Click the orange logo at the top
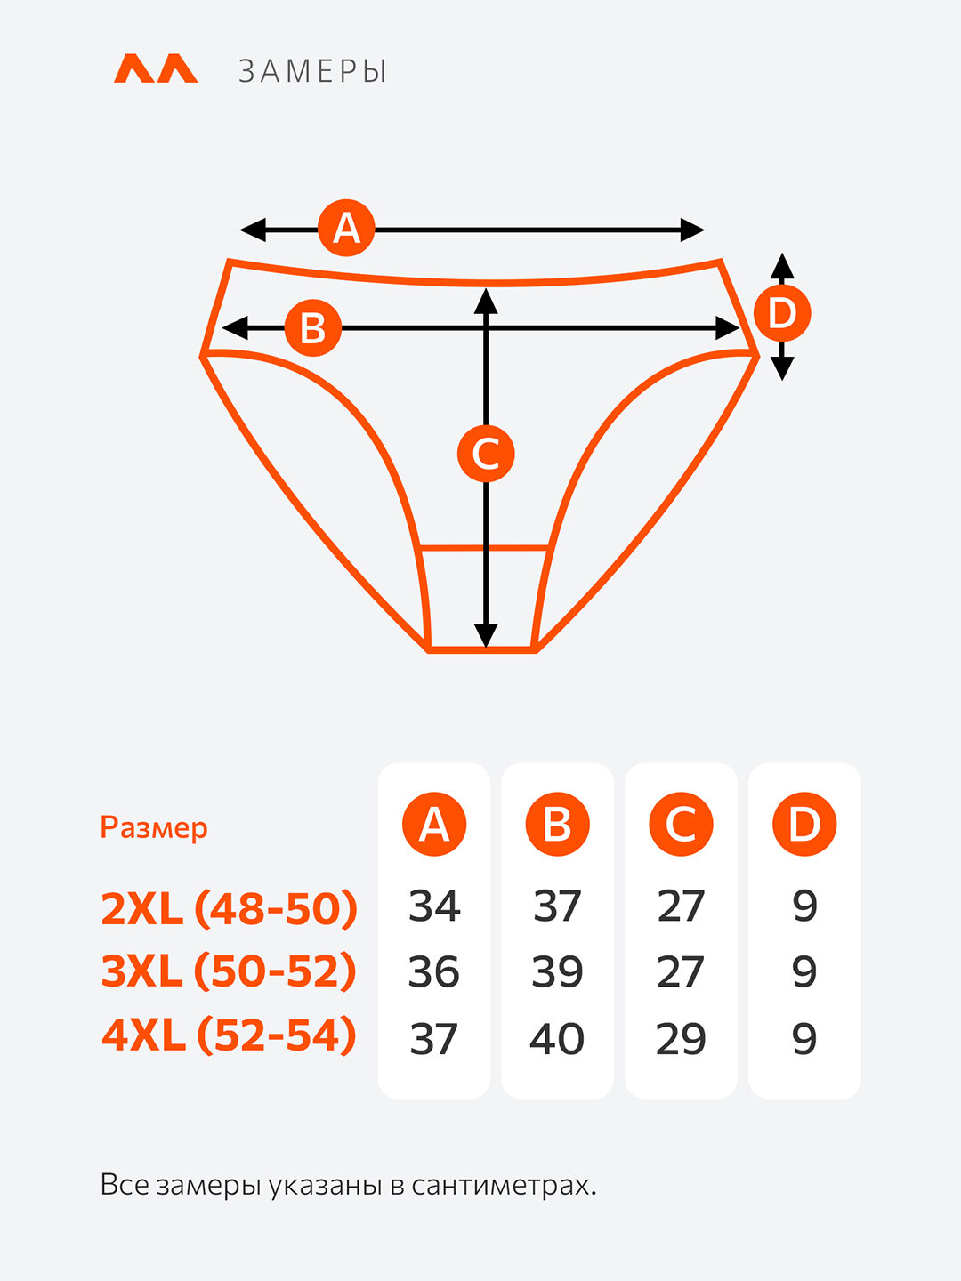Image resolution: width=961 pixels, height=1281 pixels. pyautogui.click(x=156, y=69)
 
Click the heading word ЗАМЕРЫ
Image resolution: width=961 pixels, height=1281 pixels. pyautogui.click(x=312, y=71)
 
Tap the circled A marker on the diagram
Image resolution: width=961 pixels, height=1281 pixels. pyautogui.click(x=346, y=229)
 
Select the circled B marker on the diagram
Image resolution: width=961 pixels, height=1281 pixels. pyautogui.click(x=312, y=328)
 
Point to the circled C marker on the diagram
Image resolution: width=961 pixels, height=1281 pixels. pyautogui.click(x=486, y=454)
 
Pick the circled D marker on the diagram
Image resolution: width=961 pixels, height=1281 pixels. pyautogui.click(x=781, y=313)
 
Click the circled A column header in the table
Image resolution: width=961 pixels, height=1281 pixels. pyautogui.click(x=434, y=825)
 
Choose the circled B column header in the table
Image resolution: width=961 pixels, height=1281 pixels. pyautogui.click(x=557, y=825)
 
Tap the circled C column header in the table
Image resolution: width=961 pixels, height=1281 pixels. pyautogui.click(x=681, y=825)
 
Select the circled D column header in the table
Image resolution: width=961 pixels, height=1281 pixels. pyautogui.click(x=804, y=825)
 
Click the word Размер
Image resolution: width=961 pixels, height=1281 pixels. pyautogui.click(x=154, y=827)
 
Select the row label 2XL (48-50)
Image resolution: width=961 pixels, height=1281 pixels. pyautogui.click(x=230, y=908)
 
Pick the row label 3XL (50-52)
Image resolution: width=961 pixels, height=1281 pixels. pyautogui.click(x=230, y=971)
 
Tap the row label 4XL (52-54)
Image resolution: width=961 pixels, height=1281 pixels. pyautogui.click(x=230, y=1036)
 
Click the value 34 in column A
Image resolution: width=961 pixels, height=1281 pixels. pyautogui.click(x=434, y=906)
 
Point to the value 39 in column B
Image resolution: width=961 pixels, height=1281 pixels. pyautogui.click(x=557, y=972)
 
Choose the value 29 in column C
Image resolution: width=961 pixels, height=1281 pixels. pyautogui.click(x=681, y=1039)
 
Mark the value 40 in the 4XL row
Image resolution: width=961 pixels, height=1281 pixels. pyautogui.click(x=557, y=1039)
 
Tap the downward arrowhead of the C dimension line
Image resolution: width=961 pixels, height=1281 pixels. pyautogui.click(x=486, y=635)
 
